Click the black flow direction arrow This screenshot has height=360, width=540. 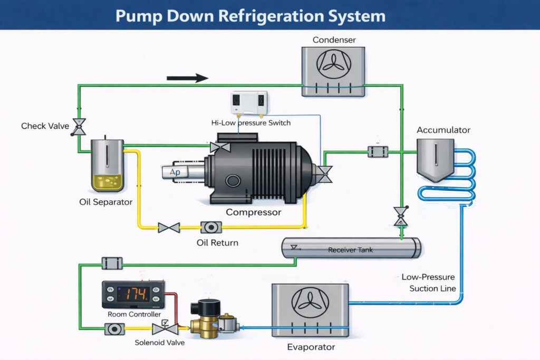tap(187, 78)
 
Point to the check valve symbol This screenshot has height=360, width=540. tap(79, 126)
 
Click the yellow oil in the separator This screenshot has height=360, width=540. tap(107, 182)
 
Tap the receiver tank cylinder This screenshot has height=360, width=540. tap(351, 248)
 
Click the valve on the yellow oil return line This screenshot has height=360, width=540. tap(169, 228)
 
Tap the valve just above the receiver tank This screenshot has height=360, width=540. tap(401, 216)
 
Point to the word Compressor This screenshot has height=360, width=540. tap(253, 212)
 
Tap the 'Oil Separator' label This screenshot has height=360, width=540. tap(105, 202)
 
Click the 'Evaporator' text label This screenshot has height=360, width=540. tap(311, 347)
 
